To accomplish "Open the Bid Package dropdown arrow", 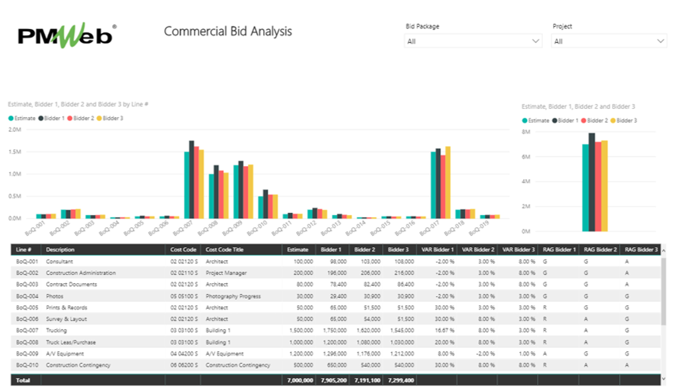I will (x=536, y=41).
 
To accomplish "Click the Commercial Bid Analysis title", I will (x=228, y=31).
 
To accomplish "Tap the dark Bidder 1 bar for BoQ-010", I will (x=266, y=204).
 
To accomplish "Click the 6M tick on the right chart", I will (x=526, y=157).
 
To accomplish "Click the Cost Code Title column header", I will (x=225, y=249).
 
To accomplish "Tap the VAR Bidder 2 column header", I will (x=478, y=249).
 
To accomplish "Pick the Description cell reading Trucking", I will (x=56, y=330).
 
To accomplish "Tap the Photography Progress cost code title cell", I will (x=233, y=296).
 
